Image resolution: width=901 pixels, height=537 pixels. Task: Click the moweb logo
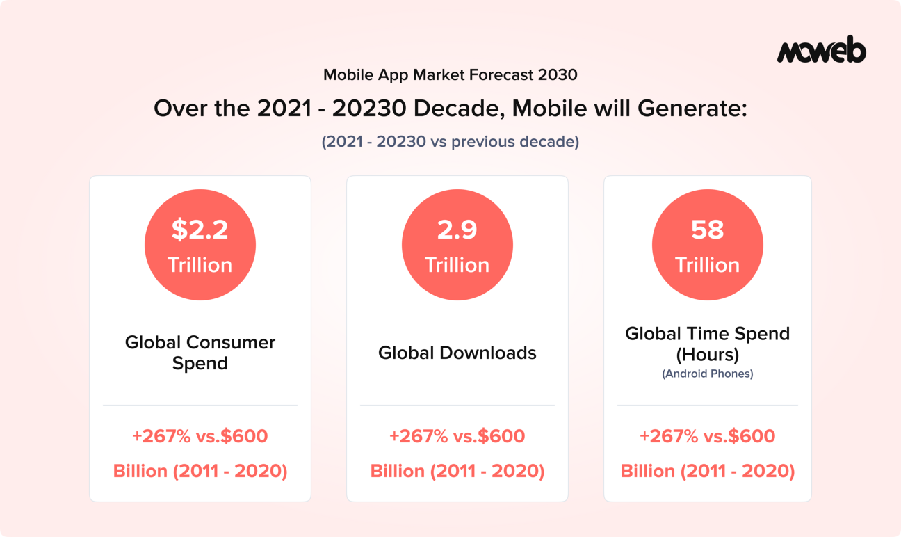[821, 51]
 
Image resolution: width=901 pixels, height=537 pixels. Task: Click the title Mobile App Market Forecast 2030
[450, 74]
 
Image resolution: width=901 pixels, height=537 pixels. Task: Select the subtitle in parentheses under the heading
[450, 142]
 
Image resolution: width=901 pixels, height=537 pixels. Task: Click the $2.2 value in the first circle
[200, 230]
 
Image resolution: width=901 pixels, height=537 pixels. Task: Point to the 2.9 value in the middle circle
[457, 230]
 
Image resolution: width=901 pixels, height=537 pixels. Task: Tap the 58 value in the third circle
[707, 230]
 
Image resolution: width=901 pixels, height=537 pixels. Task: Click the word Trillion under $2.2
[200, 265]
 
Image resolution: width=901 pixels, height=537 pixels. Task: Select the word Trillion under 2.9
[457, 265]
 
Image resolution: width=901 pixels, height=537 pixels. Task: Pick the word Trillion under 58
[707, 265]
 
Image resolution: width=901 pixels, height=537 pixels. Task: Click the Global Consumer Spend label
[200, 353]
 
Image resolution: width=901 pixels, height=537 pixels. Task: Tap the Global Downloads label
[457, 353]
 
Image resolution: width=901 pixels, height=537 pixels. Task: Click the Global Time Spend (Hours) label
[707, 344]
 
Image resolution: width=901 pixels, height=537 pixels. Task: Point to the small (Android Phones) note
[707, 374]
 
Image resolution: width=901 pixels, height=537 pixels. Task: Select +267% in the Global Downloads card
[418, 436]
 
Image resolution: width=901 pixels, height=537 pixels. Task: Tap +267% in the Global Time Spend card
[668, 436]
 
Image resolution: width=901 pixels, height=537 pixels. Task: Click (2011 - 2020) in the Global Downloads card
[487, 471]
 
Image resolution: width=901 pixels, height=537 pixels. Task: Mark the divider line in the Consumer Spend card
[200, 405]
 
